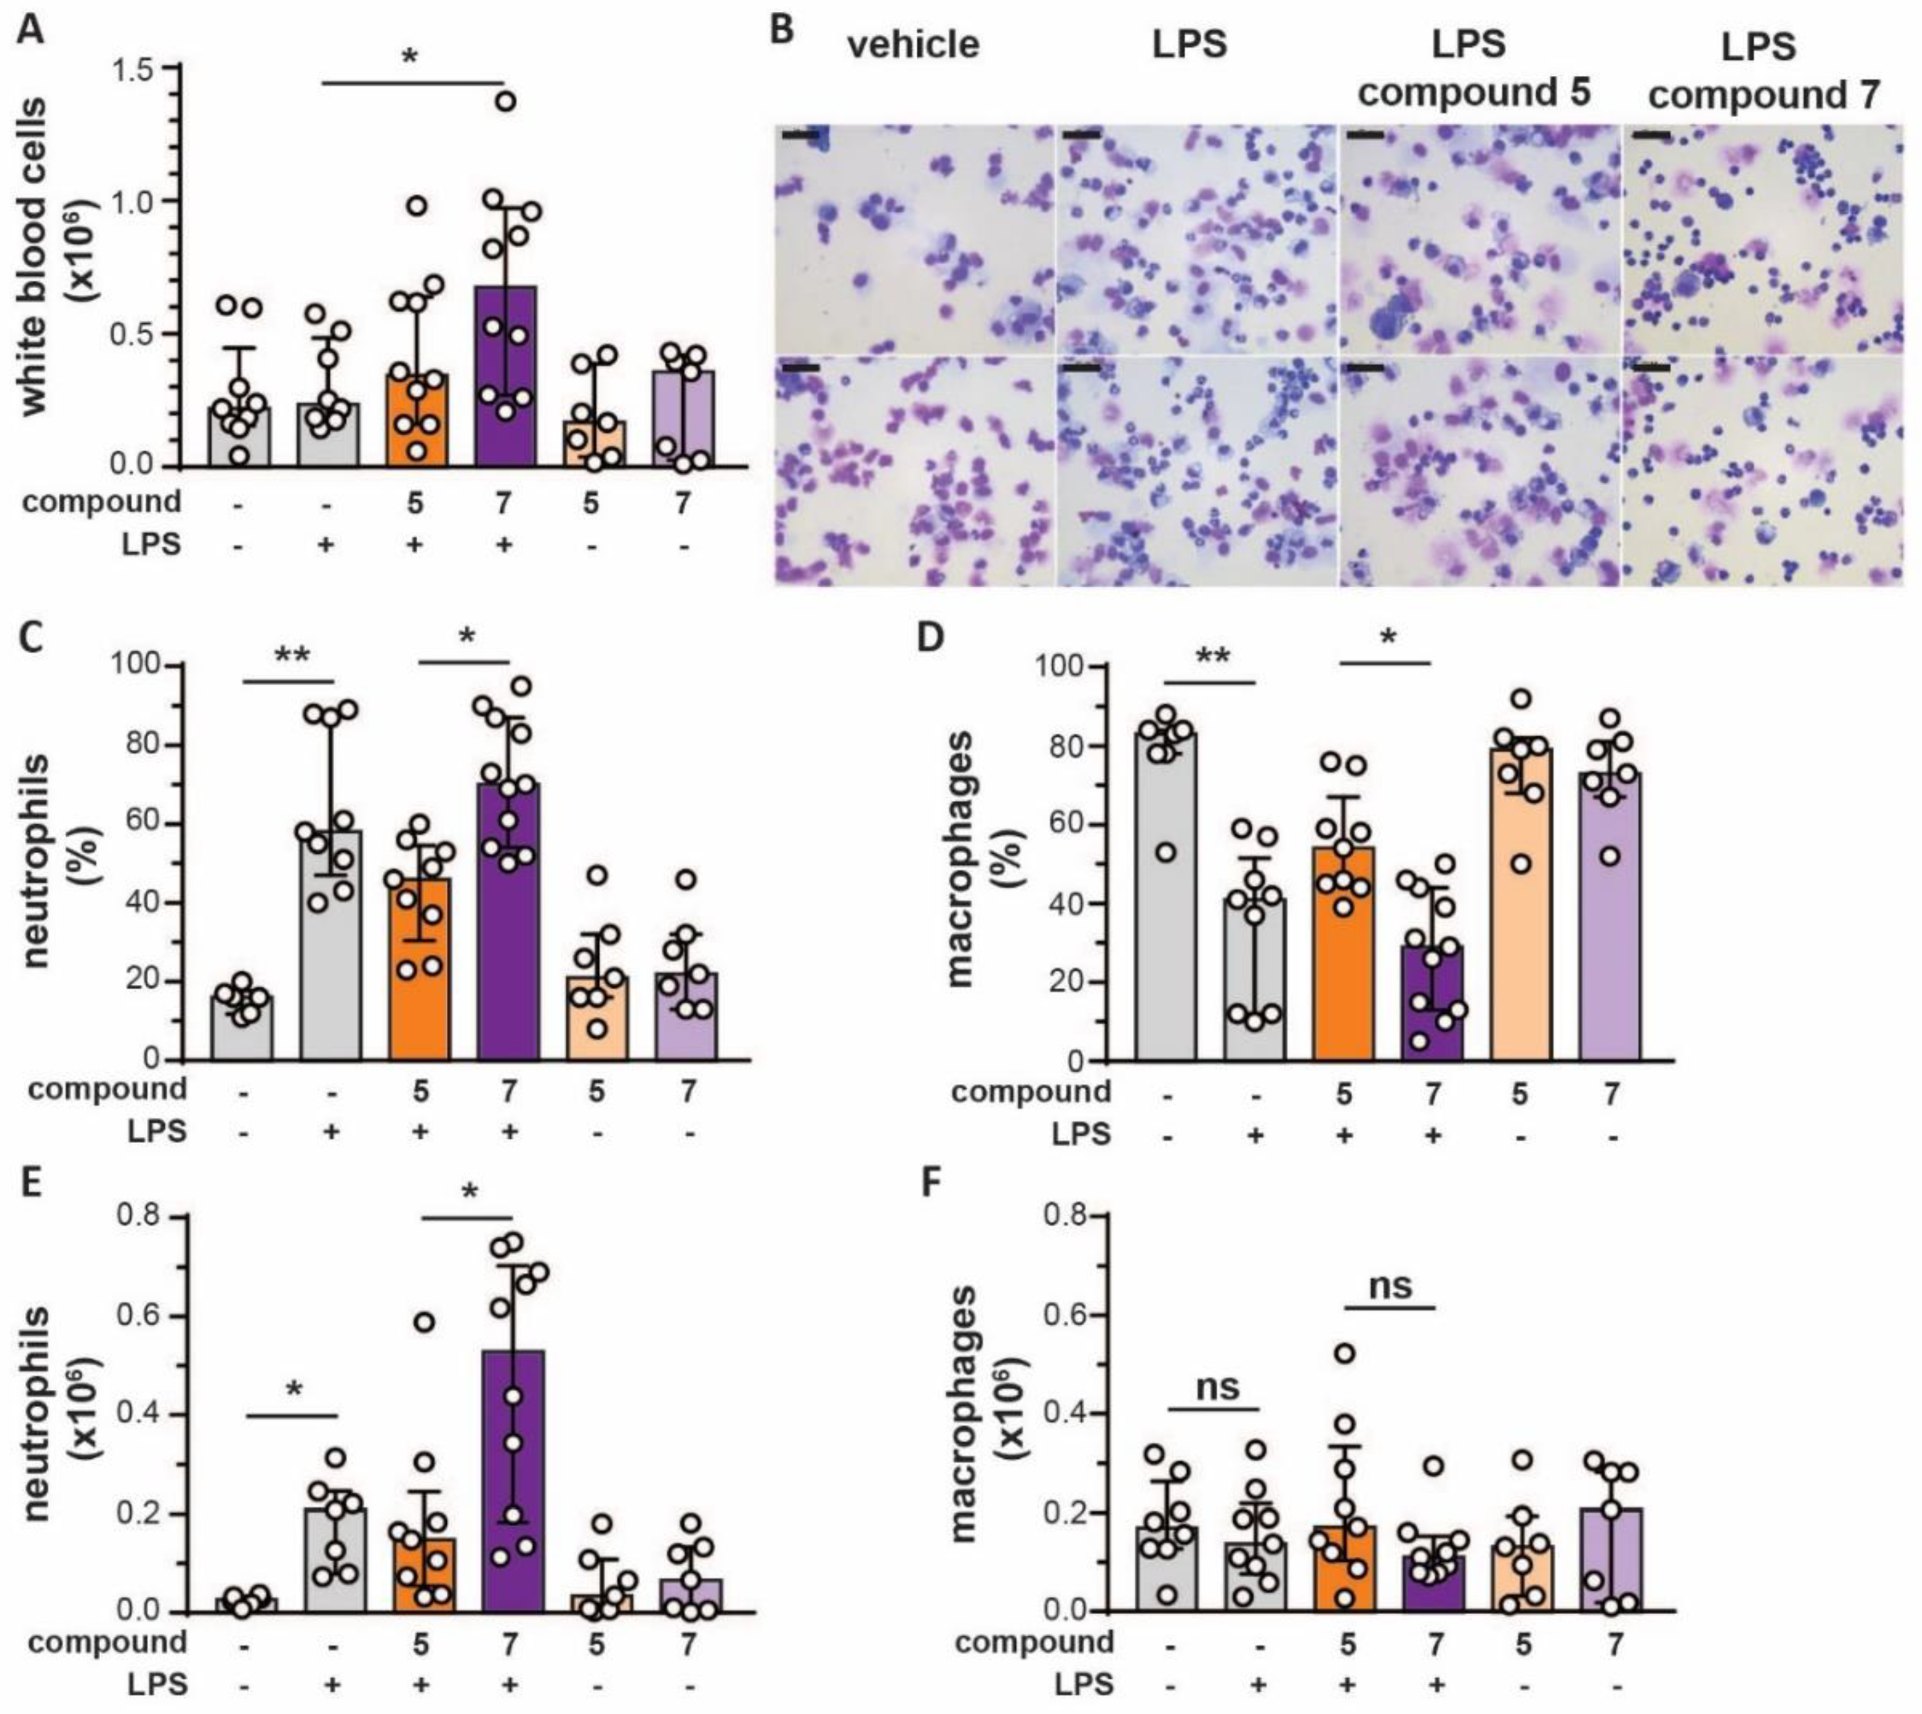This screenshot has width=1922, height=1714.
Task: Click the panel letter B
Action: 781,28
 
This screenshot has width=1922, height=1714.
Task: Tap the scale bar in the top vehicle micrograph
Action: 800,137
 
